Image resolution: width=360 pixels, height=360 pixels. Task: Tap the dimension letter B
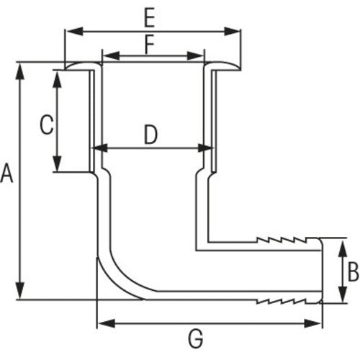[353, 271]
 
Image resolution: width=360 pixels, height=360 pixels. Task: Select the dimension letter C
[45, 126]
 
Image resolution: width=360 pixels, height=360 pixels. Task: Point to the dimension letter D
[150, 134]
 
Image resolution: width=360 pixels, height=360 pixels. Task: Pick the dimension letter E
[149, 16]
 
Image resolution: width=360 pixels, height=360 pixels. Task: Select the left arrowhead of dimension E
[71, 31]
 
